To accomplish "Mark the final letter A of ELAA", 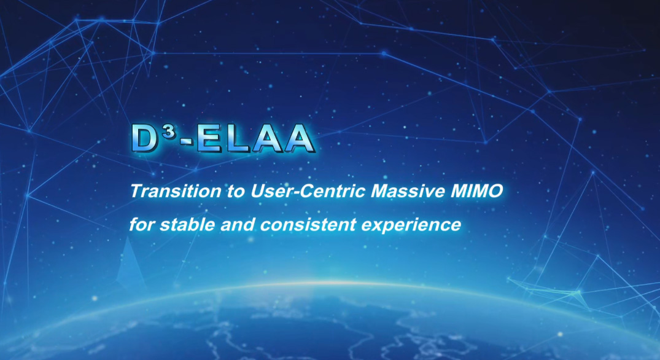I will (298, 139).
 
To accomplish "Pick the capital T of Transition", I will (135, 191).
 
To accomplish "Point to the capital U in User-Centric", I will (257, 191).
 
